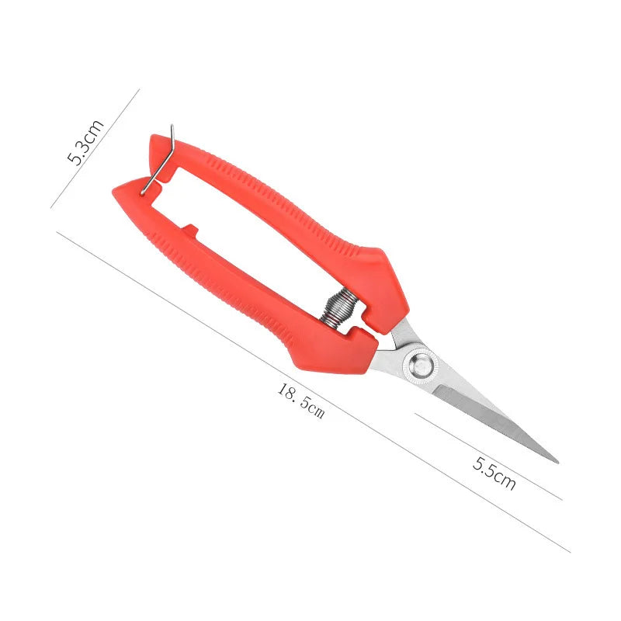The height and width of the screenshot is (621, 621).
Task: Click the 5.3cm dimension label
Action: pos(85,142)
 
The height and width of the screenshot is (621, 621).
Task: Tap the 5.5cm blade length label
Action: pos(494,474)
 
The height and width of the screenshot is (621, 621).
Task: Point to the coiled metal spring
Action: pos(340,306)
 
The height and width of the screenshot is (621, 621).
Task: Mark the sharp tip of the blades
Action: pos(556,461)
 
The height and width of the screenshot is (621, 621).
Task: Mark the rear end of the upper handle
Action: pos(155,141)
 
